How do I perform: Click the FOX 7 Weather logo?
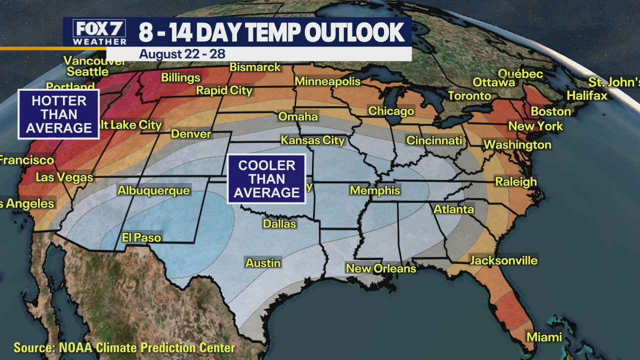(100, 32)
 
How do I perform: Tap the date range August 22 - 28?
(183, 54)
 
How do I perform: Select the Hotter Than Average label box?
(59, 114)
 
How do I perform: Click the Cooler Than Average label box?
(266, 179)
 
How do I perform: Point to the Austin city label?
(263, 263)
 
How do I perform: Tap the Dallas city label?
(279, 224)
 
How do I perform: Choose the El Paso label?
(141, 237)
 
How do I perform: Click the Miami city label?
(544, 337)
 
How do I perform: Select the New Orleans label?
(381, 268)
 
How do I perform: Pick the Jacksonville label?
(503, 260)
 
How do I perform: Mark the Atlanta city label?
(453, 209)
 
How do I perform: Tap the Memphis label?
(375, 190)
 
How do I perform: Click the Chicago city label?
(391, 111)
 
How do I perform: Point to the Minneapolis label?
(327, 81)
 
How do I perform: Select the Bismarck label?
(255, 67)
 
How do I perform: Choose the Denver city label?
(191, 134)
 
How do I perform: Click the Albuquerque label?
(153, 190)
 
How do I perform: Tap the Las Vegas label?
(64, 177)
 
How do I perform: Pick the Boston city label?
(550, 111)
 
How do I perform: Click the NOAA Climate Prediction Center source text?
(124, 347)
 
